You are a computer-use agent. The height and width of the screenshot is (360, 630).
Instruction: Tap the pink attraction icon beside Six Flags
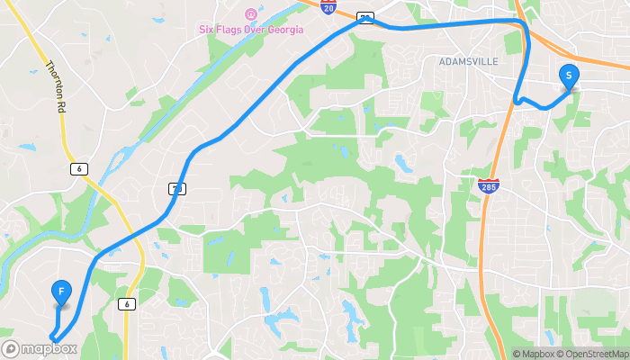(251, 14)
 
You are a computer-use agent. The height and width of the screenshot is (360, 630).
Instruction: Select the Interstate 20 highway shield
(328, 6)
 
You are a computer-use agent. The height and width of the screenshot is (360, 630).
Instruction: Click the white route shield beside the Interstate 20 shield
(364, 17)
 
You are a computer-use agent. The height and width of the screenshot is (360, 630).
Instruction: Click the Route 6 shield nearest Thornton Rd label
(81, 168)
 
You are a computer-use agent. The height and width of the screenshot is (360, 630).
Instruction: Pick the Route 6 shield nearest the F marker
(129, 304)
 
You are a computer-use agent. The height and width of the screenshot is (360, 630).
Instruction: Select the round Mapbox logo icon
(11, 348)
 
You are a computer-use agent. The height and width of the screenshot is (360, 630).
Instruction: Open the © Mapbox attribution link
(534, 354)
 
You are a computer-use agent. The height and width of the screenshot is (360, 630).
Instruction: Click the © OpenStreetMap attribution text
(592, 354)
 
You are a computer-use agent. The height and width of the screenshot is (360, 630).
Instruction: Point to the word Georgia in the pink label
(281, 29)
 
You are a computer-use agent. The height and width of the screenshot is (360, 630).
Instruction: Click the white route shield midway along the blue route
(175, 188)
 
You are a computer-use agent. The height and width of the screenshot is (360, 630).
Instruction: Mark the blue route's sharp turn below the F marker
(52, 338)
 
